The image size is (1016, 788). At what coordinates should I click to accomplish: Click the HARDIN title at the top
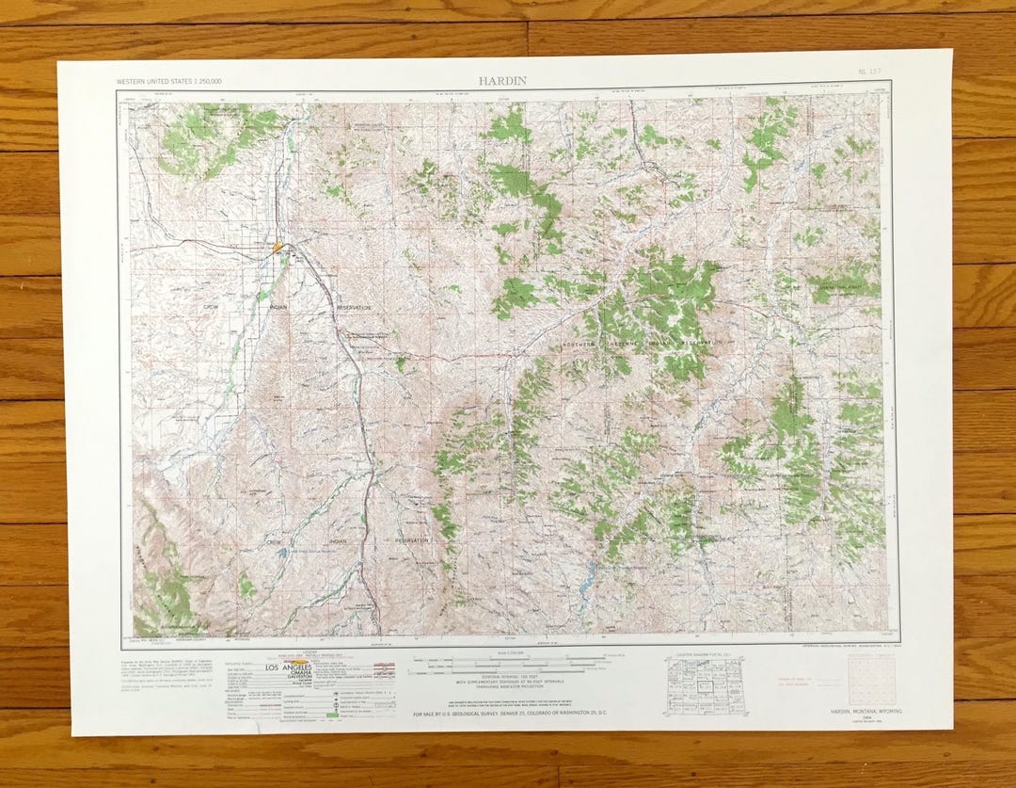pos(501,81)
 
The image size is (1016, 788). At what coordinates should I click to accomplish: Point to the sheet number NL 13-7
pos(868,72)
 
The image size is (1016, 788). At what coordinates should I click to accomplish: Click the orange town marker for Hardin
pos(278,248)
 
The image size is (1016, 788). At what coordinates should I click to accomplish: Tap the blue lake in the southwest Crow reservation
pos(282,554)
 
